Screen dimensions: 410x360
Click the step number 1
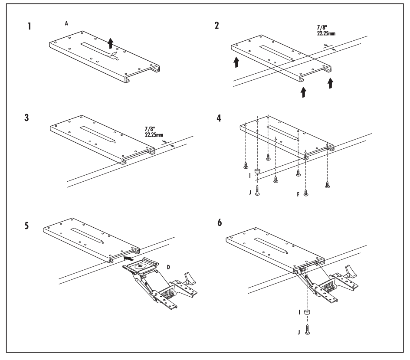point(30,26)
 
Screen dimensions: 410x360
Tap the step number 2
point(216,26)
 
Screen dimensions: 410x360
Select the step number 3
point(26,118)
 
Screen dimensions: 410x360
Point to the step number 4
point(219,118)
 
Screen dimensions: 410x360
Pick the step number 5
point(26,226)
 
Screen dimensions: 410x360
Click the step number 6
point(220,223)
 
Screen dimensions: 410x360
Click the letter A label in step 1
point(66,23)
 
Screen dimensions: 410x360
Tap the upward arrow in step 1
point(111,43)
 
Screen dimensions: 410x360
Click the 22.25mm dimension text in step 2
point(326,33)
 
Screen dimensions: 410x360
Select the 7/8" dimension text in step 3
point(150,129)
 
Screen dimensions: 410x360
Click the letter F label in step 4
point(298,194)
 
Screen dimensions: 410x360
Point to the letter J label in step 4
point(250,193)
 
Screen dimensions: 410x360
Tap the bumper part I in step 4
point(257,171)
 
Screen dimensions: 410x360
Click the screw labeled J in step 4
point(257,190)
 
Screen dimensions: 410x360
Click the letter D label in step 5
point(168,267)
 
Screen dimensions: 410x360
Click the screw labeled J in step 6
point(307,329)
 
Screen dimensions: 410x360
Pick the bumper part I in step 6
point(307,311)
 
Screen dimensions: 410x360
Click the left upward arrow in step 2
point(236,62)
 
